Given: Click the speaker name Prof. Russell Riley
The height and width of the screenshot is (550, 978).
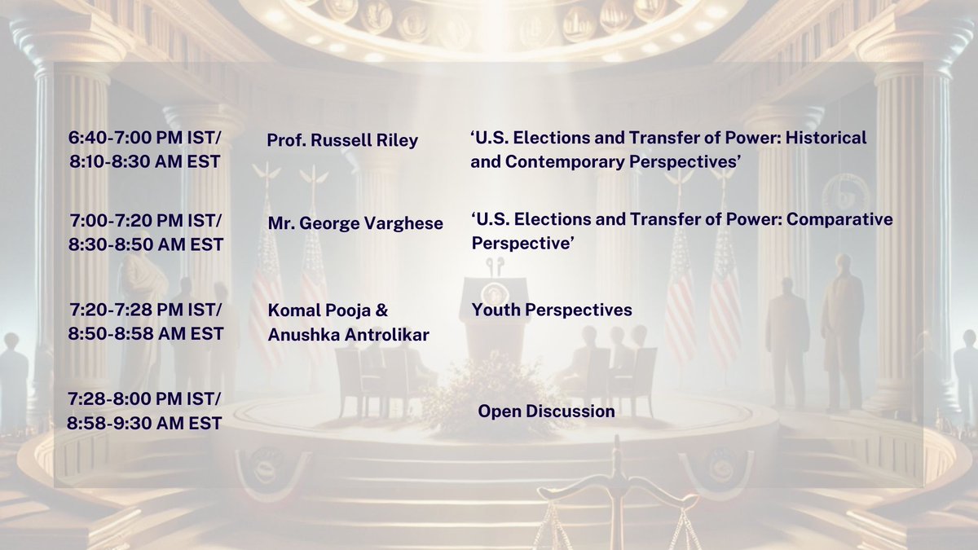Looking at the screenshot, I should [342, 140].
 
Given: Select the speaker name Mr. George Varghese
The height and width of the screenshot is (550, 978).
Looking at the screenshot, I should [355, 223].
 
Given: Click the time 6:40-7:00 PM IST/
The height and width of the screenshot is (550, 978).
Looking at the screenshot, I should [144, 139].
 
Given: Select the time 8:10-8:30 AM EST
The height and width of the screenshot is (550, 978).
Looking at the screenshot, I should [144, 161].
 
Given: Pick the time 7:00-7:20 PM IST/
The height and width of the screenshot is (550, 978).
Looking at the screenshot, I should [144, 222].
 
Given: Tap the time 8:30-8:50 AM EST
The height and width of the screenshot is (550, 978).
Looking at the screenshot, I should [144, 245].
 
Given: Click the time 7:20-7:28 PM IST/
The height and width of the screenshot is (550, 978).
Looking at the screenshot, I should [144, 311].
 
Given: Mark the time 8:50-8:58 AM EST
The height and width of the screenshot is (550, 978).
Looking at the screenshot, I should [144, 334].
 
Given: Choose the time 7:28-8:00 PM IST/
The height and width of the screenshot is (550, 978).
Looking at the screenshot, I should [144, 400].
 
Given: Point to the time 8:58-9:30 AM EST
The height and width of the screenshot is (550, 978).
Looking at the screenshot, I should [144, 423].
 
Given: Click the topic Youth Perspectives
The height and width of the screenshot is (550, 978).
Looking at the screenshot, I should [552, 310].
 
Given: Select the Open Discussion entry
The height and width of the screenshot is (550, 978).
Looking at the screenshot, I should [546, 411].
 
